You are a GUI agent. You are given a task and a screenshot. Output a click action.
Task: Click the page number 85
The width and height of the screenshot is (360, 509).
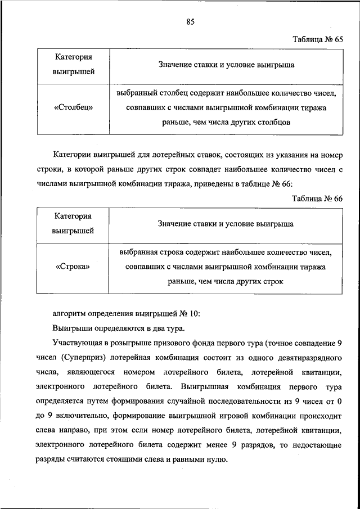pos(190,22)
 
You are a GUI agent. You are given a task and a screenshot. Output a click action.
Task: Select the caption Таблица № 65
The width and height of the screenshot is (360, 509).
pos(317,39)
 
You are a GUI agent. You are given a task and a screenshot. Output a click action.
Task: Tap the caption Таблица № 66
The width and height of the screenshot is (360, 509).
pos(317,199)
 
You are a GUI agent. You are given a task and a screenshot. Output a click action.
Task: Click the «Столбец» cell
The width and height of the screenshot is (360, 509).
pos(74,107)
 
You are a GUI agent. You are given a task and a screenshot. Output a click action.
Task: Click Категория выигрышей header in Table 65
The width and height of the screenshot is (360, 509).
pos(74,64)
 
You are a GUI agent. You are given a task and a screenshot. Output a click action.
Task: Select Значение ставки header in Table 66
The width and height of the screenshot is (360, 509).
pos(226,224)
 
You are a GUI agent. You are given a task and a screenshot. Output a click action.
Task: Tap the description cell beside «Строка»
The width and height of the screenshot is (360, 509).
pos(226,267)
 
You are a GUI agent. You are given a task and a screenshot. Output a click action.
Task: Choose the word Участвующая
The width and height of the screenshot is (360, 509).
pos(79,343)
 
